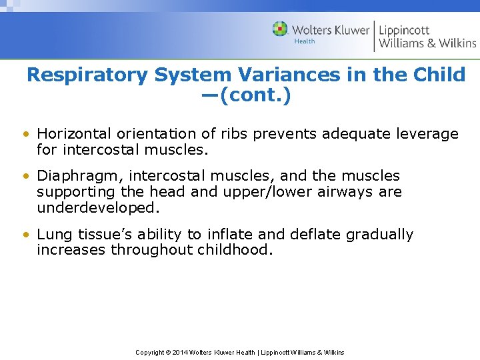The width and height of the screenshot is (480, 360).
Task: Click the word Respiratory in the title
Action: coord(87,75)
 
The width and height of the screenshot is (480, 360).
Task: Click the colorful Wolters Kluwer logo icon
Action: coord(280,29)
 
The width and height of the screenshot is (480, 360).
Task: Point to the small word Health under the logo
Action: coord(304,41)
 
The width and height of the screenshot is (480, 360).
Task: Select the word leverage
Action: coord(427,134)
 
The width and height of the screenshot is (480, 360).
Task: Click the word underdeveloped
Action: coord(99,207)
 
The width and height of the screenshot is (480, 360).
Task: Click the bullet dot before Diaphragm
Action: coord(25,177)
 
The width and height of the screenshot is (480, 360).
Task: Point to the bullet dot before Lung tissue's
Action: coord(25,235)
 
